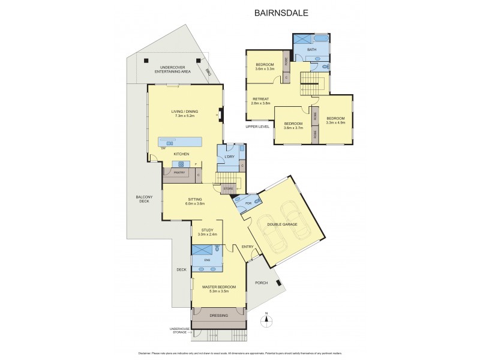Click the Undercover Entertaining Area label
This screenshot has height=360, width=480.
click(x=172, y=69)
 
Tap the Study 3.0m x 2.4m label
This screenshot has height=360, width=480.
click(x=208, y=232)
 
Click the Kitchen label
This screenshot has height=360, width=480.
click(x=182, y=154)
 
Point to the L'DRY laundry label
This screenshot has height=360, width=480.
click(x=229, y=157)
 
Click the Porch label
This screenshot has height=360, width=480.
click(x=261, y=283)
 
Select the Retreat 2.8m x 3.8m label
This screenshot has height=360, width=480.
click(x=260, y=101)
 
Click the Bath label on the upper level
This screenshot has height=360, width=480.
click(x=311, y=49)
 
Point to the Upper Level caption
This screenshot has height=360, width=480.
click(x=257, y=127)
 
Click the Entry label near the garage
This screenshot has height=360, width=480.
click(x=248, y=247)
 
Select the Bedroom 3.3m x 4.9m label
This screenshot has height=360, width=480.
click(x=335, y=121)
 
